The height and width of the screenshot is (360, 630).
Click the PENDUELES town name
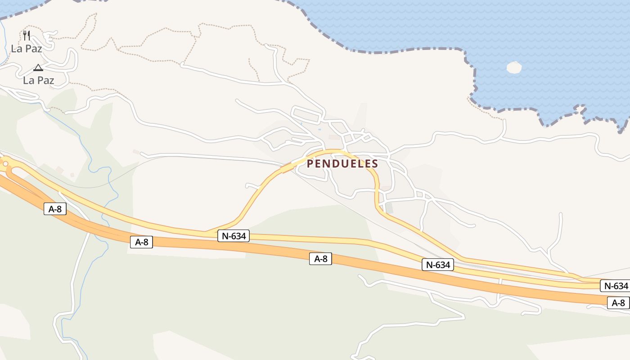point(342,164)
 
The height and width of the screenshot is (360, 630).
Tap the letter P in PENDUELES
point(310,164)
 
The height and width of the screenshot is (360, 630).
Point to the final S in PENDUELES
point(375,164)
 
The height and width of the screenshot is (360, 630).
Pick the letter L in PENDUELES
point(360,164)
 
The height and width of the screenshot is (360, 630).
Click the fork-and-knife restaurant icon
point(27,36)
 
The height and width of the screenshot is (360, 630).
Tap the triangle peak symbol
point(38,68)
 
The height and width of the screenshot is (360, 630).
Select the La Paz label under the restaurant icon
point(27,49)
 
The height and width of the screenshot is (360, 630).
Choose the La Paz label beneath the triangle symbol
point(39,81)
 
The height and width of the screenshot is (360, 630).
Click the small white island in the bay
point(514,67)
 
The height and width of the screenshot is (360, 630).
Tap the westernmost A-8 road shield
point(55,209)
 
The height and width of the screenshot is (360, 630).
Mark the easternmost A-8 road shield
point(618,303)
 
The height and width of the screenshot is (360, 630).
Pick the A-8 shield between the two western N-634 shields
point(320,259)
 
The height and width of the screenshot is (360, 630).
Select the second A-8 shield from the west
point(141,242)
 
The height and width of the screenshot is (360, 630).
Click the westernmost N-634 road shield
point(234,236)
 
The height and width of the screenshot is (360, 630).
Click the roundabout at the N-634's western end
point(5,164)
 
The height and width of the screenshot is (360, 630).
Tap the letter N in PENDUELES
point(326,164)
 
